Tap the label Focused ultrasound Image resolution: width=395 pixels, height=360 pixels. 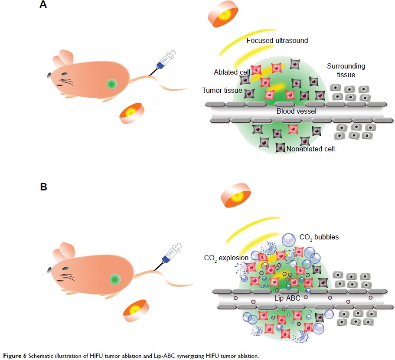point(277,41)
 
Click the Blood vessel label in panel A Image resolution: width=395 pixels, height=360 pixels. point(297,111)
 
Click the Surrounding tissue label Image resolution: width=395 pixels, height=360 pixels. point(346,70)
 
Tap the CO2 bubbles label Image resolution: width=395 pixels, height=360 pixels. point(319,237)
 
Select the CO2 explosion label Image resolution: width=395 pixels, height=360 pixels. point(226,258)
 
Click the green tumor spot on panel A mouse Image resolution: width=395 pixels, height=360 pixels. point(112,84)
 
